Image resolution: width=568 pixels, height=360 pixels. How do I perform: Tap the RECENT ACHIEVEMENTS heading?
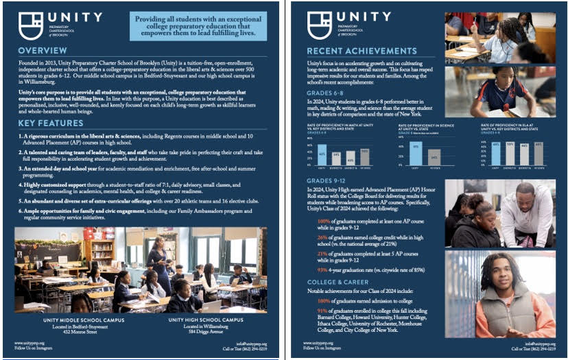[362, 51]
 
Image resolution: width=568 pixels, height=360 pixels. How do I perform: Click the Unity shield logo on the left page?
[30, 25]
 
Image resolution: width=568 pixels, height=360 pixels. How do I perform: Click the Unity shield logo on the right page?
[320, 25]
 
